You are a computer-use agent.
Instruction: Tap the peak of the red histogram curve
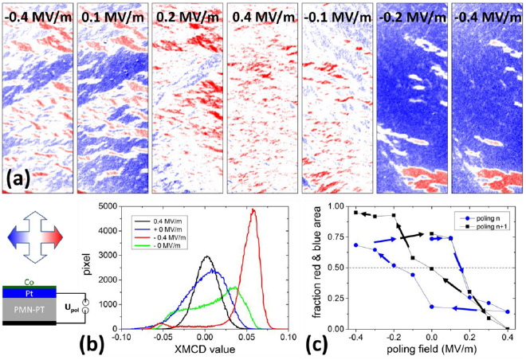[253, 209]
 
